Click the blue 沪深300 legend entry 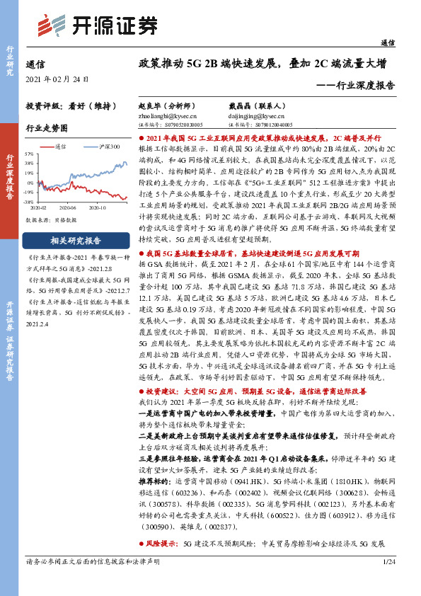tap(105, 147)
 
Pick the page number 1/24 tap(386, 581)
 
